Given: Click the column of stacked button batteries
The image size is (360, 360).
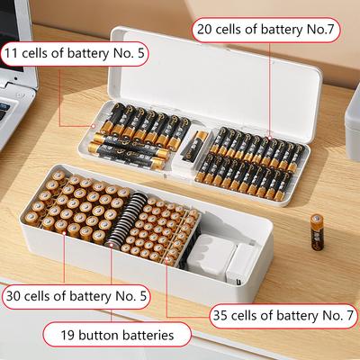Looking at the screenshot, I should [x=116, y=217].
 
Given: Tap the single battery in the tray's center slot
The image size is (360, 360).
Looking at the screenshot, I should [x=192, y=141].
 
